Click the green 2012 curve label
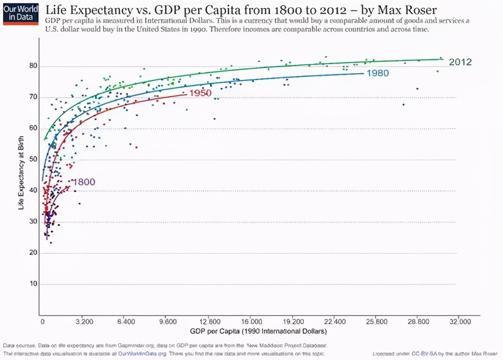[460, 62]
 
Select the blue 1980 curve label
[378, 73]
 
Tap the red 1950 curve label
[200, 93]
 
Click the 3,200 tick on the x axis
[84, 321]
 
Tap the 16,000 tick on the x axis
[251, 321]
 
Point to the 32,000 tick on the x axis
[459, 321]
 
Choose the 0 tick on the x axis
[42, 321]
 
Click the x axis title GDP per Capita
[259, 332]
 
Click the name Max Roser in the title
[413, 10]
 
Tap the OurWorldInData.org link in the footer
[142, 354]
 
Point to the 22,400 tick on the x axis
[334, 321]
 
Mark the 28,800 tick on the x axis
[417, 321]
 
